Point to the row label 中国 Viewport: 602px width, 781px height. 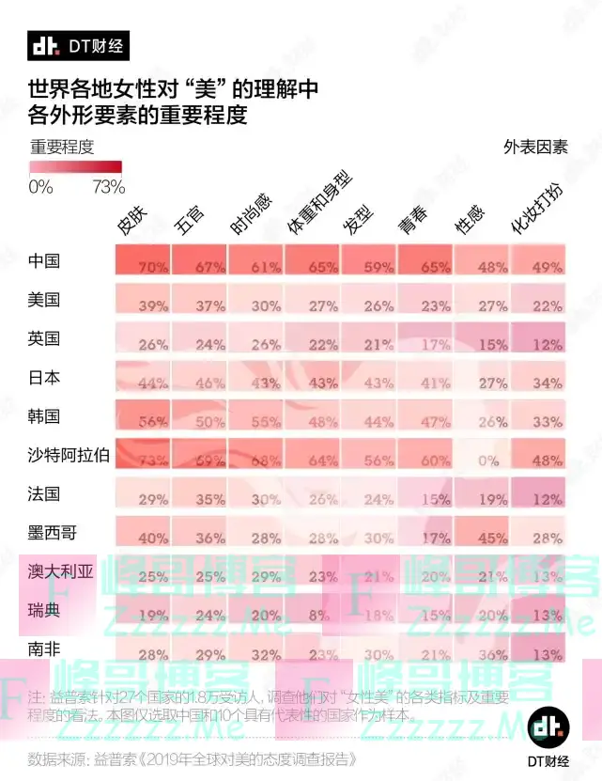point(44,260)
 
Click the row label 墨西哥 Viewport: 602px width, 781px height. point(53,532)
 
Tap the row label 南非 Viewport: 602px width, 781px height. point(44,648)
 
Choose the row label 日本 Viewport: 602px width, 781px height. point(44,377)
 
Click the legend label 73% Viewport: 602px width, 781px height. point(109,186)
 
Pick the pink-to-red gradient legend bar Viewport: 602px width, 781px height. point(76,166)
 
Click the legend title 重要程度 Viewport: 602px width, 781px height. point(63,147)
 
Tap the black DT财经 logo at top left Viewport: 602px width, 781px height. point(77,45)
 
